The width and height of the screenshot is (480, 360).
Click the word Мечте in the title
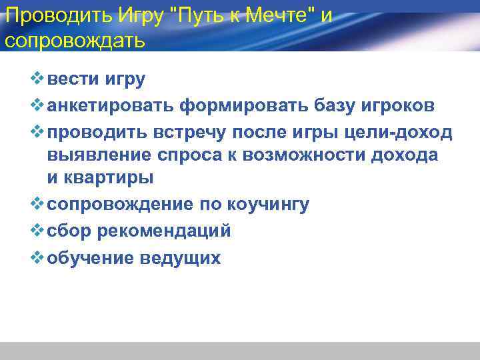pos(275,15)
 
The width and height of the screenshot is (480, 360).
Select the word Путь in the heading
pos(199,15)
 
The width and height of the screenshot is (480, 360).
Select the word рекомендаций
pos(164,231)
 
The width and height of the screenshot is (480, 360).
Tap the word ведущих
pos(181,257)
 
